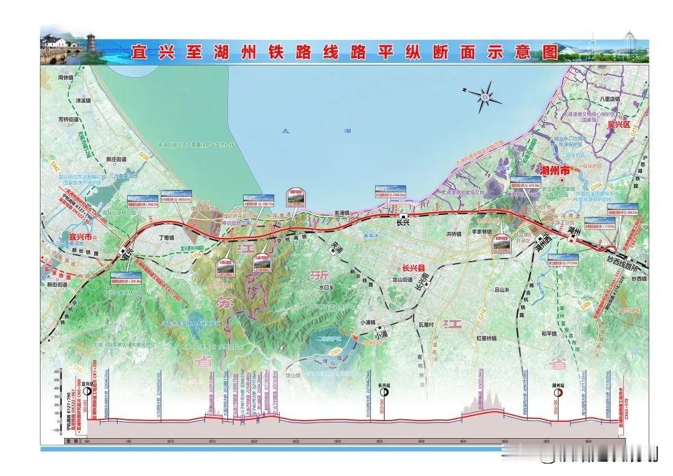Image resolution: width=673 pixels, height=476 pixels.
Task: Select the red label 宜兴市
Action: point(79,237)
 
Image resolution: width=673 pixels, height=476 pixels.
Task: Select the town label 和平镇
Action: point(548,333)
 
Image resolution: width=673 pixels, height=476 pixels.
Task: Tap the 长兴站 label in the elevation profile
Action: point(383,386)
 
